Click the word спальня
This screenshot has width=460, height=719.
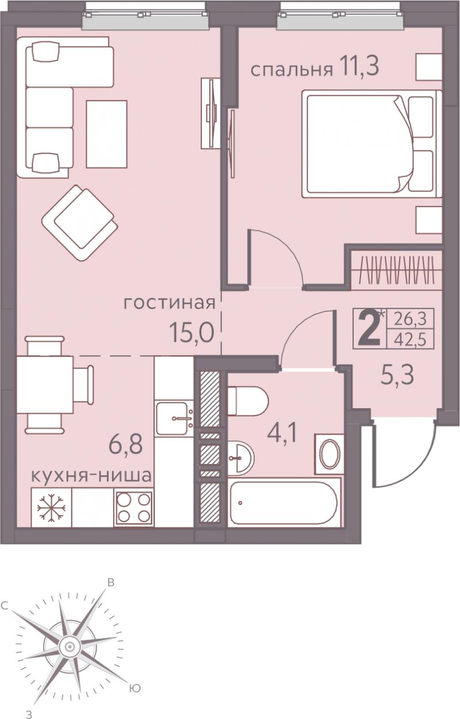coord(292,70)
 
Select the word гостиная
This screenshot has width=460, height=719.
coord(169,303)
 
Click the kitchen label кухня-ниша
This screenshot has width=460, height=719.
coord(91,475)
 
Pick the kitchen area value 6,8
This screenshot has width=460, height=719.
coord(125,444)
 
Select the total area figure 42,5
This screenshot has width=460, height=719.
coord(411,340)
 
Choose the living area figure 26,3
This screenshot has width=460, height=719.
coord(411,319)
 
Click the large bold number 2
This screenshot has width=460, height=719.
coord(369,329)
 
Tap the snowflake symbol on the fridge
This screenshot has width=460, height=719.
coord(51,508)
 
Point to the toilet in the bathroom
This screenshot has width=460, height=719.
coord(247,401)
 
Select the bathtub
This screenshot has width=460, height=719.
coord(283,503)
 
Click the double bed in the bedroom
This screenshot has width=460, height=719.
coord(372,143)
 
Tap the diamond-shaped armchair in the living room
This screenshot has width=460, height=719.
coord(79,223)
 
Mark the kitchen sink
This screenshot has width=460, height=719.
coord(175,417)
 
